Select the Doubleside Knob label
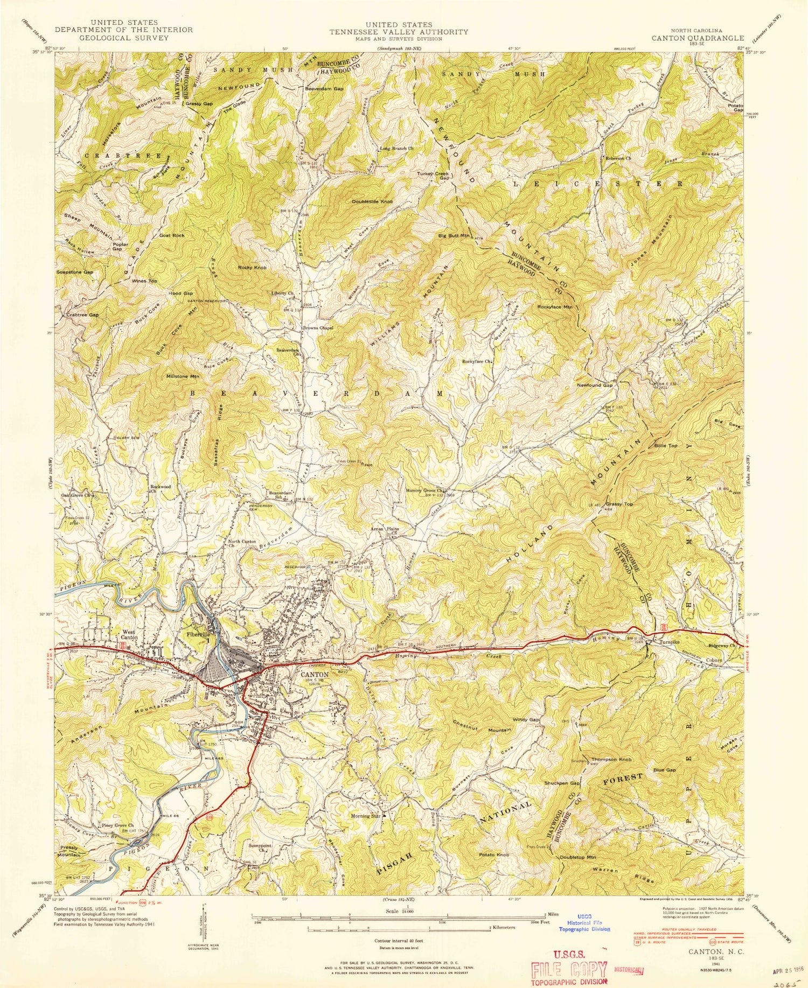(x=373, y=201)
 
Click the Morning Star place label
(x=366, y=816)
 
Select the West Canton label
(x=129, y=634)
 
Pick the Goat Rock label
(x=172, y=235)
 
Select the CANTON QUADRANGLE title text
(x=698, y=38)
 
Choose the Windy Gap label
(x=526, y=720)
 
